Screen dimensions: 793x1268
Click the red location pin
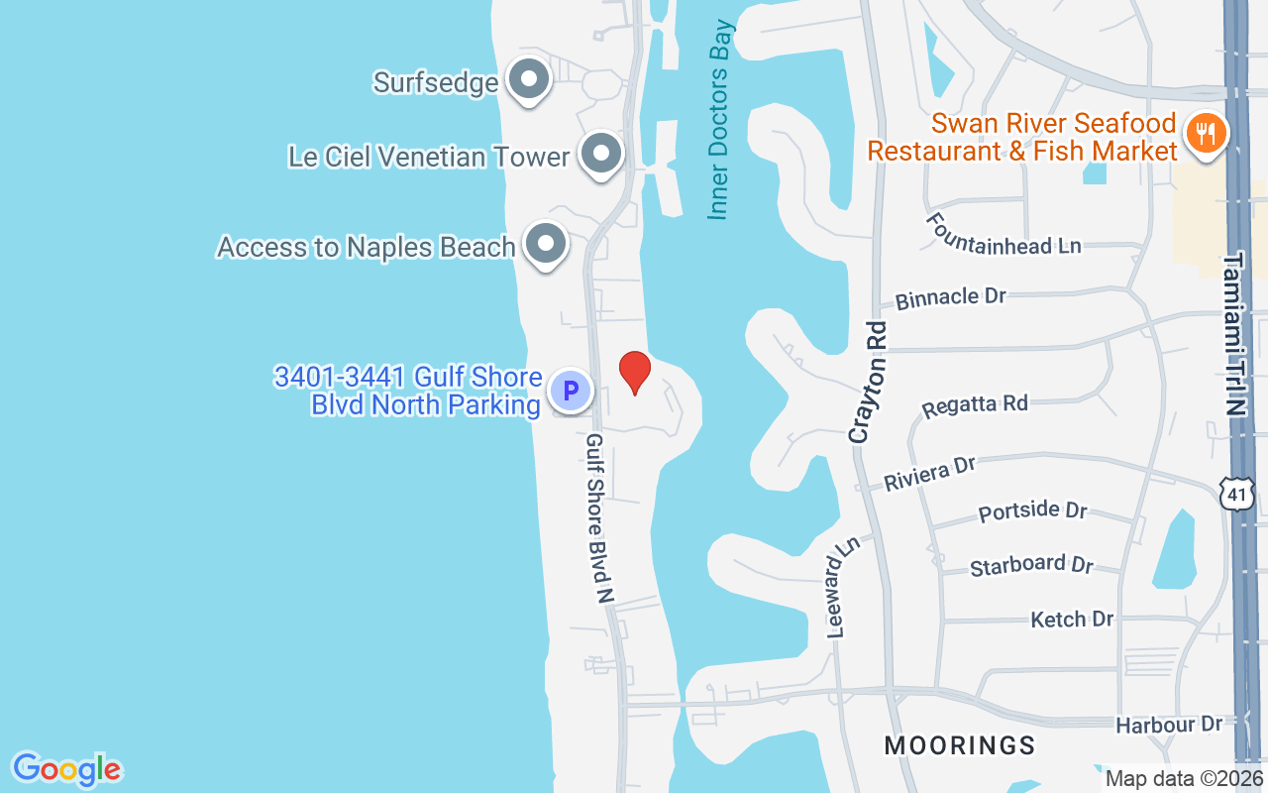634,373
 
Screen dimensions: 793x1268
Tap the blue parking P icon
570,391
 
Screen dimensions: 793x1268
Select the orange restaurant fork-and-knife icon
1206,132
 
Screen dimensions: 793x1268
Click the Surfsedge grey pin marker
528,79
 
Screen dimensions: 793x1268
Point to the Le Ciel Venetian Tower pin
600,154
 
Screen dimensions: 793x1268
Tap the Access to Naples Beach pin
544,243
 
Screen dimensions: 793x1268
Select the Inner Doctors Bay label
719,118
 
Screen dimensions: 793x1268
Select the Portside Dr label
1032,511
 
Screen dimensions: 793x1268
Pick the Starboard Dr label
1031,565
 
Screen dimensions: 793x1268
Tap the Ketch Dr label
1072,620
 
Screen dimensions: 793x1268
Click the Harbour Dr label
1169,725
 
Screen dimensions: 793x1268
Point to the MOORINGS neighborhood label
959,745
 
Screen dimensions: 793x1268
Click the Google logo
67,769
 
